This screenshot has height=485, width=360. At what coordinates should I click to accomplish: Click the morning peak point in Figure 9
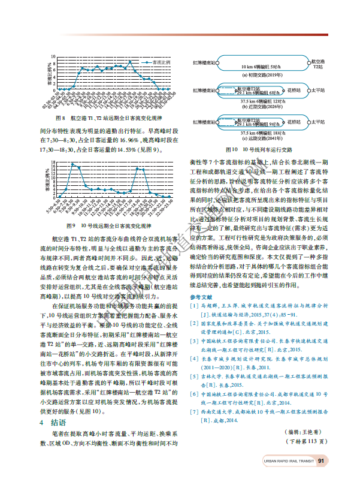(72, 164)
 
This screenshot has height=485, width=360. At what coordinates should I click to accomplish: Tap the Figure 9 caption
(108, 226)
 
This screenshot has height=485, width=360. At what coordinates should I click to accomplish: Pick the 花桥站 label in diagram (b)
(293, 90)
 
